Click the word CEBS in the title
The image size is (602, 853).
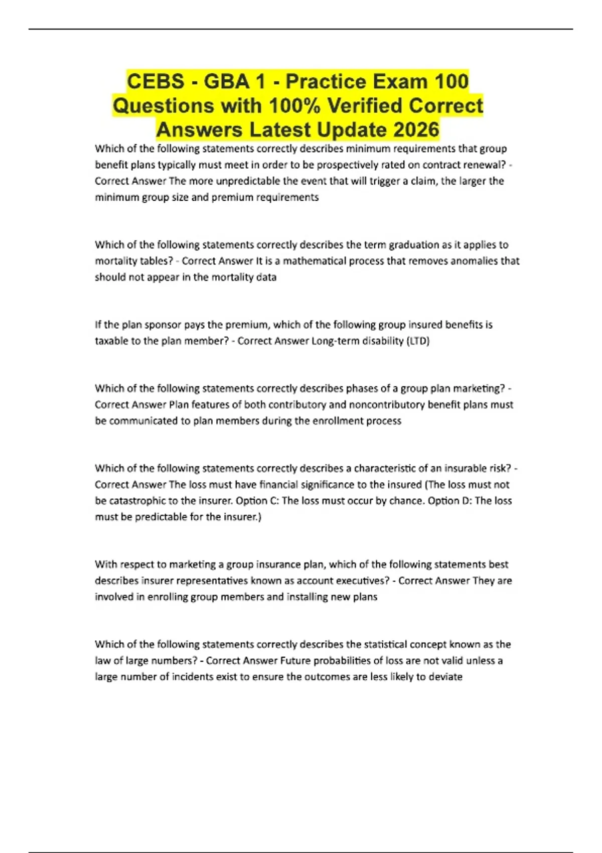coord(155,81)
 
